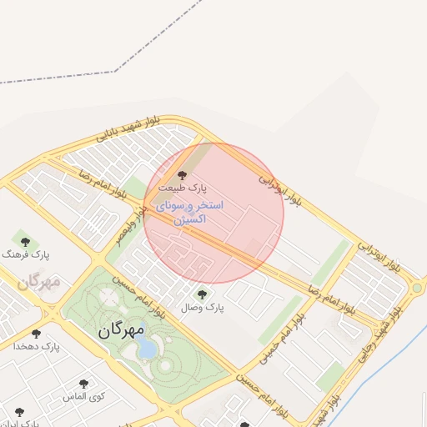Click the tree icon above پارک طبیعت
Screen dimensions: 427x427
pyautogui.click(x=183, y=175)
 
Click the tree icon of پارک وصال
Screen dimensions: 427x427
pyautogui.click(x=201, y=294)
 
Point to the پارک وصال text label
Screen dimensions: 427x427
pyautogui.click(x=203, y=307)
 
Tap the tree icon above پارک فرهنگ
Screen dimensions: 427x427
pyautogui.click(x=25, y=240)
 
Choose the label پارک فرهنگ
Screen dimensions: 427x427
pyautogui.click(x=26, y=254)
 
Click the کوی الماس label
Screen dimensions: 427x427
pyautogui.click(x=83, y=397)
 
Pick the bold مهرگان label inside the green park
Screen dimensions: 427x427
pyautogui.click(x=121, y=329)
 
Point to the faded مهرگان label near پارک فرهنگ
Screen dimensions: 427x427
pyautogui.click(x=38, y=282)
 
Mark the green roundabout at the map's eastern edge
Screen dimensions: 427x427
pyautogui.click(x=416, y=289)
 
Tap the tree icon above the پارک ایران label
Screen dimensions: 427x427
pyautogui.click(x=19, y=412)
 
